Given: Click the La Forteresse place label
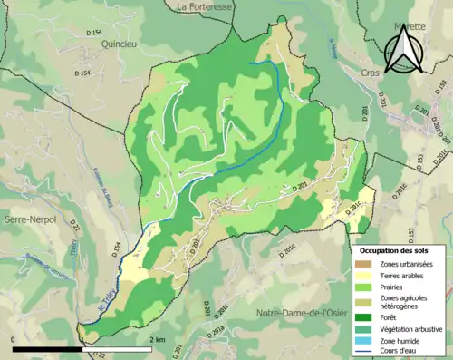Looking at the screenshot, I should click(x=207, y=7).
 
